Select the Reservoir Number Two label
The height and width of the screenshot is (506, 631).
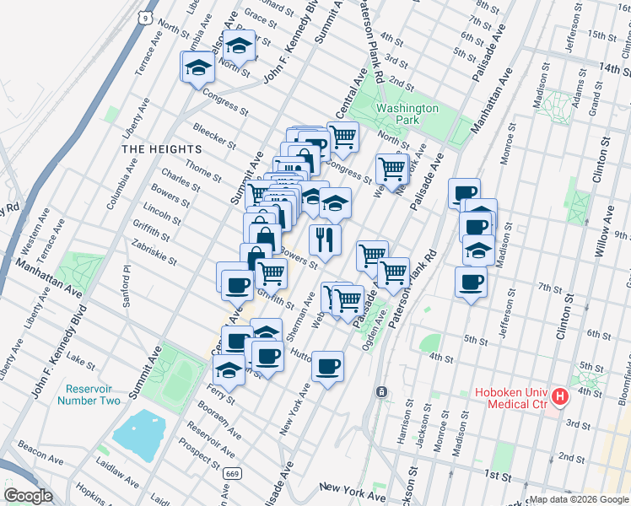[89, 395]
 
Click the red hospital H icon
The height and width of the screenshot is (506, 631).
[560, 397]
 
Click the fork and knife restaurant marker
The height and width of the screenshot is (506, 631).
[324, 240]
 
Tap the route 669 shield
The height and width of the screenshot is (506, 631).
[229, 475]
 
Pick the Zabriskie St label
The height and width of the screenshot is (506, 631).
[154, 250]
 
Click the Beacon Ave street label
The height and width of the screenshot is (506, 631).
[40, 457]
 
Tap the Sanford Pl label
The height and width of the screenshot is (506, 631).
[128, 282]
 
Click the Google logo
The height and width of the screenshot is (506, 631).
[28, 496]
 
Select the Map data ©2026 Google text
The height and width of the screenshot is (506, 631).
[578, 499]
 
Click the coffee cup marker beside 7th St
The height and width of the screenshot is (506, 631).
[471, 282]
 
